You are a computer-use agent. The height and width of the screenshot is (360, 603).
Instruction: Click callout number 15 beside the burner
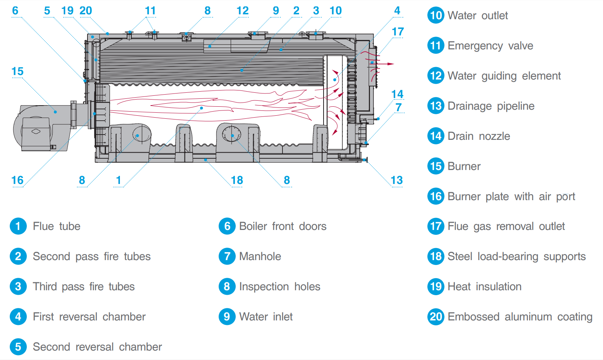17,71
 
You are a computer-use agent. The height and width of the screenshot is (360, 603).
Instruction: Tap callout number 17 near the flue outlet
398,32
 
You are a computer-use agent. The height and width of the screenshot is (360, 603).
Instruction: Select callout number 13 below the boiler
397,180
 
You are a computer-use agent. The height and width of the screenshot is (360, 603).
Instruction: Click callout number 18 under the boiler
237,180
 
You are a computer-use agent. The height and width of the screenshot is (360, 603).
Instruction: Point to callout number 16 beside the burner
17,180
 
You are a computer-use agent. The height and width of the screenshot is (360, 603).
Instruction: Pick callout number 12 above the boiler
242,11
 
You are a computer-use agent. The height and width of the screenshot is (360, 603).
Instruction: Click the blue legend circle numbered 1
18,226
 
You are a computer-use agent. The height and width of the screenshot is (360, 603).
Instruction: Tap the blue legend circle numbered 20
436,317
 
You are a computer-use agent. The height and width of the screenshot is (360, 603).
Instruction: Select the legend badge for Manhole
227,256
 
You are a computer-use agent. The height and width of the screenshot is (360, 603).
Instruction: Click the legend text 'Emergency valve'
490,46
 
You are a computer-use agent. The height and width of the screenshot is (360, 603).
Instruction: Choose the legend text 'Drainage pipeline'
491,106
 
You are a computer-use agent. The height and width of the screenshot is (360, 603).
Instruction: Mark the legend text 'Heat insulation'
485,286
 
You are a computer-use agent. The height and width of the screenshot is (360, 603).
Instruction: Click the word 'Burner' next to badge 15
464,166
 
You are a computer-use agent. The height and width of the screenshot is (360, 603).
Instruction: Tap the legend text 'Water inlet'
266,317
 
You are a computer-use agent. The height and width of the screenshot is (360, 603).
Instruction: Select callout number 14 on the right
397,94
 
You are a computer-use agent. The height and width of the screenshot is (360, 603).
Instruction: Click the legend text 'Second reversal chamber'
97,347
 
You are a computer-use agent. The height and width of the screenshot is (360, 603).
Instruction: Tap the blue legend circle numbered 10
436,15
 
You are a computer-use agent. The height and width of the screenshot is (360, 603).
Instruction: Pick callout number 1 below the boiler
118,180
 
